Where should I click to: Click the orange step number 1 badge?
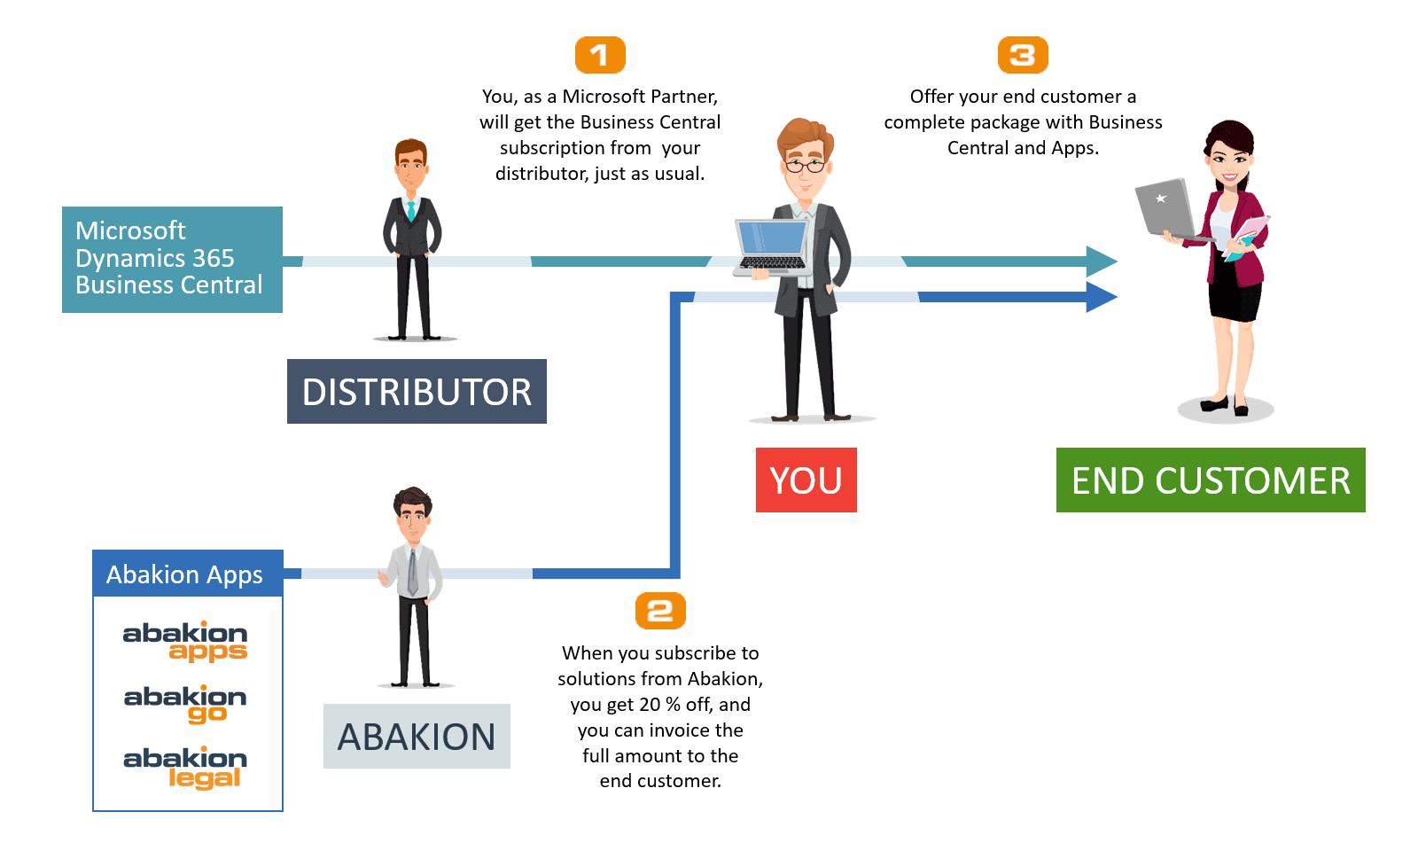(x=600, y=55)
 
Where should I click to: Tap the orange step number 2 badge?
(x=660, y=611)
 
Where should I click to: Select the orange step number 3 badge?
(x=1023, y=55)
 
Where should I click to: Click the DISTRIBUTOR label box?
(x=417, y=391)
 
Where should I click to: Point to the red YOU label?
(x=806, y=480)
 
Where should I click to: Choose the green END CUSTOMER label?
(x=1211, y=480)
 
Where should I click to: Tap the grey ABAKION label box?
(x=417, y=736)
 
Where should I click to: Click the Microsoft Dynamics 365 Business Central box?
(x=172, y=260)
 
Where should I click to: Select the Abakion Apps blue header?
(x=187, y=574)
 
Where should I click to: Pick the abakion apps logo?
(x=185, y=642)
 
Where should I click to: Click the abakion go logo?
(x=185, y=704)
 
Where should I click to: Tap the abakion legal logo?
(x=185, y=768)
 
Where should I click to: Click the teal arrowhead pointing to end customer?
(x=1102, y=262)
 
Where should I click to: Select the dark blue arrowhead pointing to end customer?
(x=1102, y=297)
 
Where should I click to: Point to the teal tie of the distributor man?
(x=411, y=210)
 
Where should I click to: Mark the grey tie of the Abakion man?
(x=413, y=572)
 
